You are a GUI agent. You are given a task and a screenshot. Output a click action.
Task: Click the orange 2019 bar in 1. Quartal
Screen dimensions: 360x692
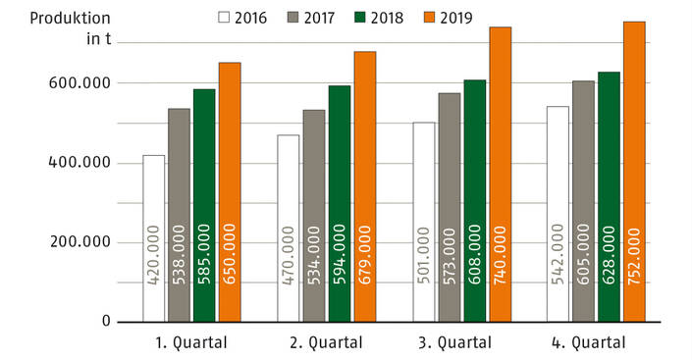pyautogui.click(x=230, y=191)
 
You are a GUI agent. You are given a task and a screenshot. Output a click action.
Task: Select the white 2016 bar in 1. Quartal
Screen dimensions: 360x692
pyautogui.click(x=154, y=237)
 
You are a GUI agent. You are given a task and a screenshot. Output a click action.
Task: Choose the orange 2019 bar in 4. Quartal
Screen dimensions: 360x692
pyautogui.click(x=634, y=171)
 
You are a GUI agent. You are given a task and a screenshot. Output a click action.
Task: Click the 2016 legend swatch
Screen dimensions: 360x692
pyautogui.click(x=223, y=17)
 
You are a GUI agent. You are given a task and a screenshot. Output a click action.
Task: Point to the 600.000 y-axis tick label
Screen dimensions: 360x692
pyautogui.click(x=80, y=83)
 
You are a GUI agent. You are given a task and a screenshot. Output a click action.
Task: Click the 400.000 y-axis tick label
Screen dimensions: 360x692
pyautogui.click(x=80, y=163)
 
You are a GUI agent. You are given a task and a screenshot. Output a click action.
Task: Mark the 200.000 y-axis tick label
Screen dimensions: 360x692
pyautogui.click(x=80, y=242)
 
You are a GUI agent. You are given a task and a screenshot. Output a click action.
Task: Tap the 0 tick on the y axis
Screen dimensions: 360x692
pyautogui.click(x=106, y=322)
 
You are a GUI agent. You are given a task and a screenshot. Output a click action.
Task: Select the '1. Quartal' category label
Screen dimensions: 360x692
pyautogui.click(x=191, y=343)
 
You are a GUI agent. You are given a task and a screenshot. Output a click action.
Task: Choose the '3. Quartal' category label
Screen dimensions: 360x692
pyautogui.click(x=463, y=343)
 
